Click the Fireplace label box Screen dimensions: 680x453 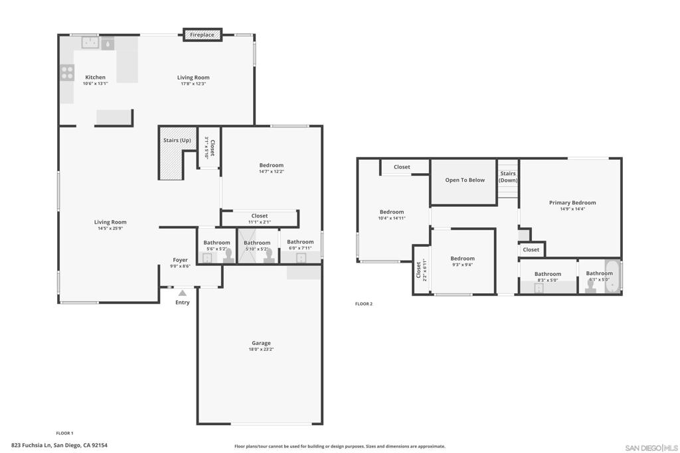[203, 34]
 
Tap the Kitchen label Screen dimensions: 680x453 [95, 77]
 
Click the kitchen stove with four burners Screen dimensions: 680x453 [67, 73]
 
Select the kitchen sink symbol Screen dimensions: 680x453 [90, 42]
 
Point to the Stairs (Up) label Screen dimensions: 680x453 [177, 141]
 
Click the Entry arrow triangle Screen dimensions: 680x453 [183, 293]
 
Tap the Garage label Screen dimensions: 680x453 [261, 343]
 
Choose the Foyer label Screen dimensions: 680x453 [181, 260]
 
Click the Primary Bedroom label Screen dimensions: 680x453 [572, 203]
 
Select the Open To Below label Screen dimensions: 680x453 [465, 180]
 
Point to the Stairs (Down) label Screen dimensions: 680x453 [508, 176]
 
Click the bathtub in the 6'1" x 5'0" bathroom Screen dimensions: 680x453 [613, 277]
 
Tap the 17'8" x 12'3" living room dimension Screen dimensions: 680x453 [193, 84]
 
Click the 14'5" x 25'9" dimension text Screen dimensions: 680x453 [110, 228]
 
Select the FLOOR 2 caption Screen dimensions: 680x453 [364, 304]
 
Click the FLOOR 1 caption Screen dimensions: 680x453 [64, 433]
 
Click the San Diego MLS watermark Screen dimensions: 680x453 [651, 448]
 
